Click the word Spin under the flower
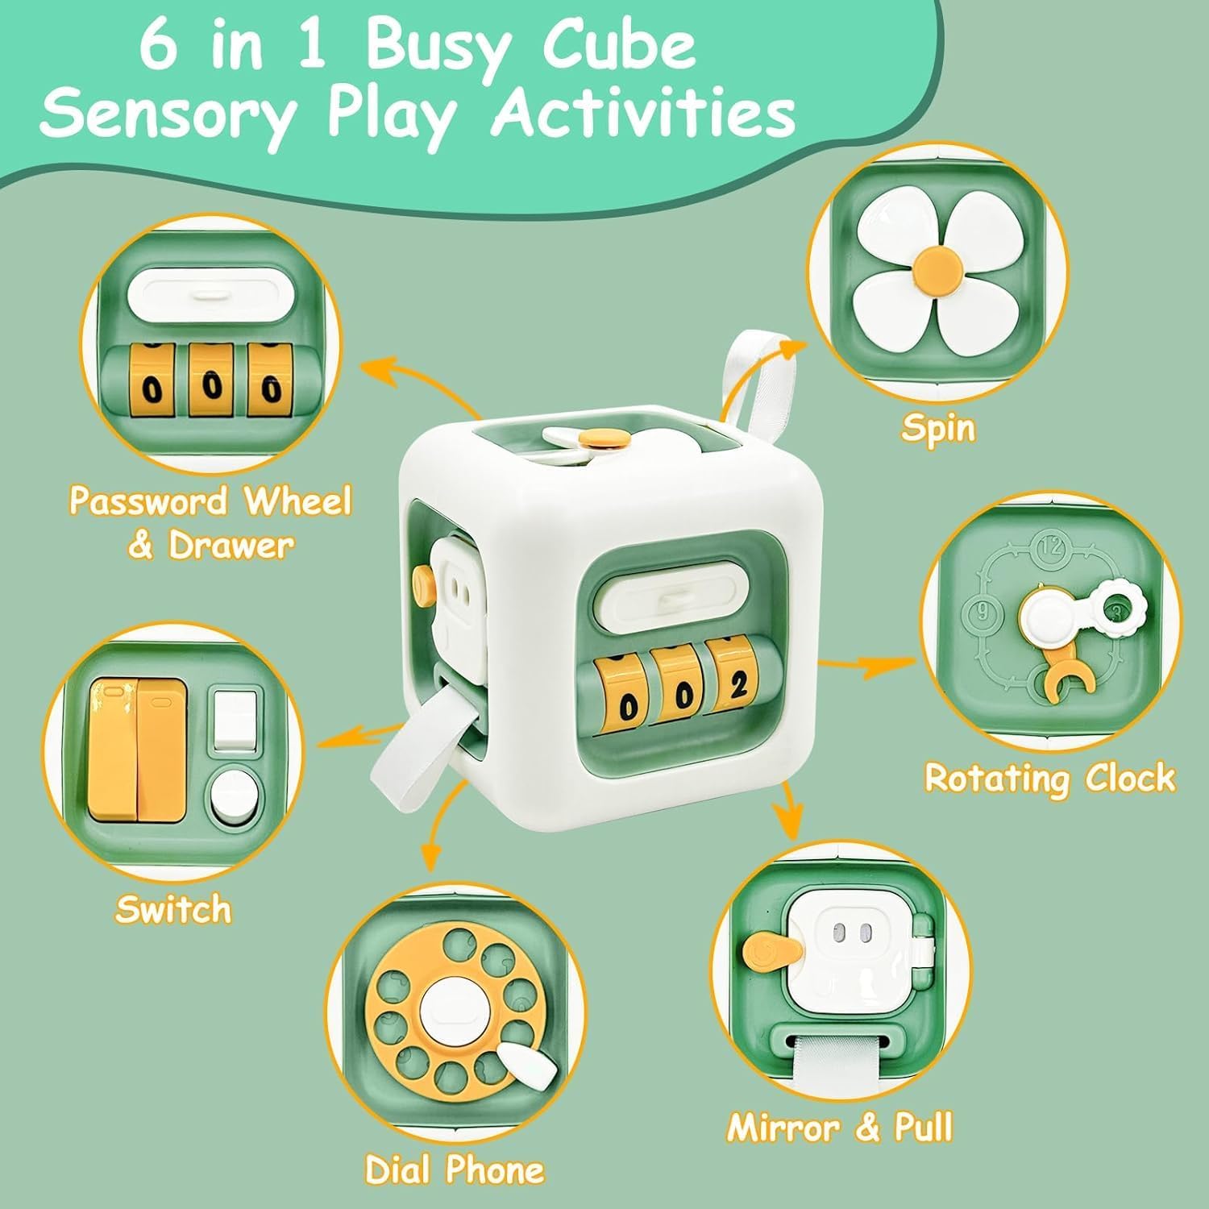(938, 427)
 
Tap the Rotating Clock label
(1049, 778)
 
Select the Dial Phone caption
(455, 1169)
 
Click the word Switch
(173, 909)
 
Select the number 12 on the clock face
(1050, 547)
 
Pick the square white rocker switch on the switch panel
(235, 717)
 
